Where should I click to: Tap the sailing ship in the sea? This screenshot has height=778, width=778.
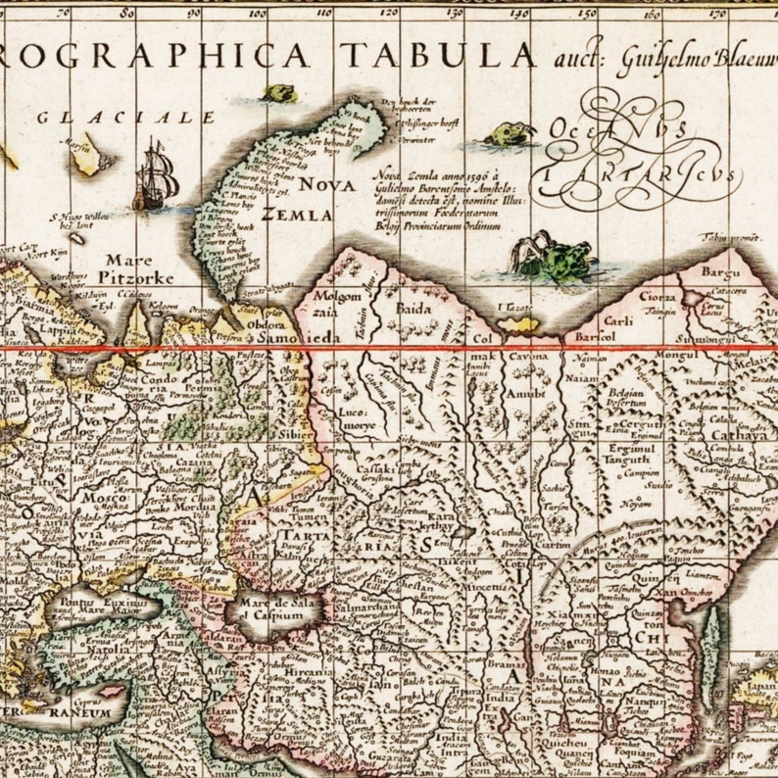click(156, 175)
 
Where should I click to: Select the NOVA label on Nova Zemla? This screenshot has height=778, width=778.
click(327, 184)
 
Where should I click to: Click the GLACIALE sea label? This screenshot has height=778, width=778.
click(125, 118)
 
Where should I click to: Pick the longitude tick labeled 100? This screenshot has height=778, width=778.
click(258, 13)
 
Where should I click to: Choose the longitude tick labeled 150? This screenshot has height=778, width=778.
click(586, 13)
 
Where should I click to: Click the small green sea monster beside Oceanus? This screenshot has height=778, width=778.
click(510, 134)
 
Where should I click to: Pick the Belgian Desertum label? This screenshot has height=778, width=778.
click(624, 395)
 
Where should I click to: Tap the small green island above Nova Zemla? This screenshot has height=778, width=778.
click(279, 93)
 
